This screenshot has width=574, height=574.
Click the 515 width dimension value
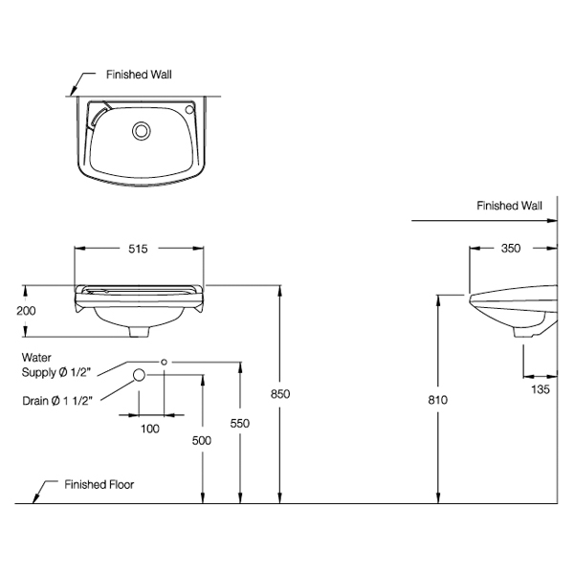(x=138, y=249)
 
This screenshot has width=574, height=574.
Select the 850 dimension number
(x=279, y=393)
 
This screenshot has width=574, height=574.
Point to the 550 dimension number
(x=241, y=422)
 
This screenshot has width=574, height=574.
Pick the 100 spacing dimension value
(x=149, y=429)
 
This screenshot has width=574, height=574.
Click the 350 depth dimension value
(x=511, y=249)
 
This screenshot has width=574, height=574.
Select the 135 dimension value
(x=540, y=389)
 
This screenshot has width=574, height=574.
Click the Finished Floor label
(x=99, y=485)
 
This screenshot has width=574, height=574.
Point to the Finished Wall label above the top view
(x=139, y=73)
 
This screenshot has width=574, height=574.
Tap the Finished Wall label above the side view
(x=510, y=206)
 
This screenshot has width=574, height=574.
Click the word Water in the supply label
(x=35, y=355)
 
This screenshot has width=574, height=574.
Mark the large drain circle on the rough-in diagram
(x=139, y=375)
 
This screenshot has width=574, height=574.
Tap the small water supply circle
(x=165, y=362)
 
